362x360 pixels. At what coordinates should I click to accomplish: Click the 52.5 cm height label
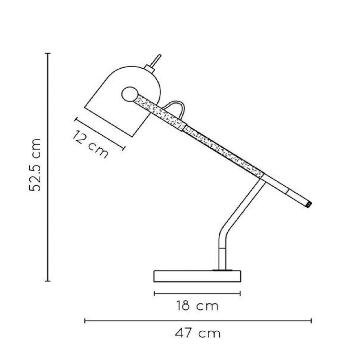[35, 165]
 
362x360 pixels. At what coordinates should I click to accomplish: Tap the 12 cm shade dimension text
[90, 144]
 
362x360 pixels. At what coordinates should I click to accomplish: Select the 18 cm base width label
[197, 306]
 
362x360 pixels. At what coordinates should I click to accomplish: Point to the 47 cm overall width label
[198, 333]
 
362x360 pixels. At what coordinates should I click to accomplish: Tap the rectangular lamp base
[197, 276]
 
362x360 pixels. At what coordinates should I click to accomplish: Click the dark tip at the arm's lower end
[309, 204]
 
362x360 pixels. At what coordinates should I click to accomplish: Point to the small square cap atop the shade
[149, 68]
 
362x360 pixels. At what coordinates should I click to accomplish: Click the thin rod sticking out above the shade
[157, 60]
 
